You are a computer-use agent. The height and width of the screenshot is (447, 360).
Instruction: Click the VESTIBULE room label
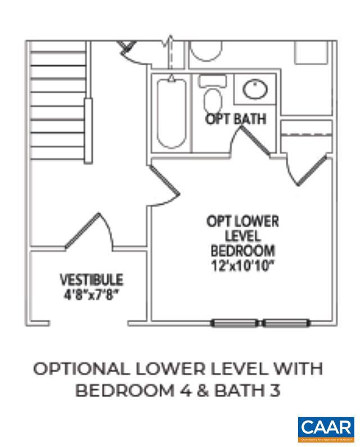[x=92, y=279]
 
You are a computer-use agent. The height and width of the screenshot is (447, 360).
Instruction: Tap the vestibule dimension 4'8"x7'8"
[x=92, y=294]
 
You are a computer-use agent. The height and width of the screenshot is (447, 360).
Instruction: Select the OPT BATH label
[x=235, y=119]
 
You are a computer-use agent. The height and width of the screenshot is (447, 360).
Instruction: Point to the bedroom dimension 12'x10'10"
[x=242, y=265]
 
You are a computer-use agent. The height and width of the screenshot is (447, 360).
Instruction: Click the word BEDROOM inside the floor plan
[x=242, y=250]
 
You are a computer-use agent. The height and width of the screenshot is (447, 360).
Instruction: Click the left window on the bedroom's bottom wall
[x=235, y=323]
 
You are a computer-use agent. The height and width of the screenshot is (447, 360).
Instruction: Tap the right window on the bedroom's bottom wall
[x=286, y=323]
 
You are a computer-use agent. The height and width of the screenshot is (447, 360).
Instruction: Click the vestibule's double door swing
[x=90, y=231]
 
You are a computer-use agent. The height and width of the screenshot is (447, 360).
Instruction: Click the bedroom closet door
[x=298, y=169]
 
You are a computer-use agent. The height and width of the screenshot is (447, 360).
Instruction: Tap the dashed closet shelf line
[x=307, y=134]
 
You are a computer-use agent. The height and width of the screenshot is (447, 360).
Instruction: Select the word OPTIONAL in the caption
[x=79, y=369]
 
